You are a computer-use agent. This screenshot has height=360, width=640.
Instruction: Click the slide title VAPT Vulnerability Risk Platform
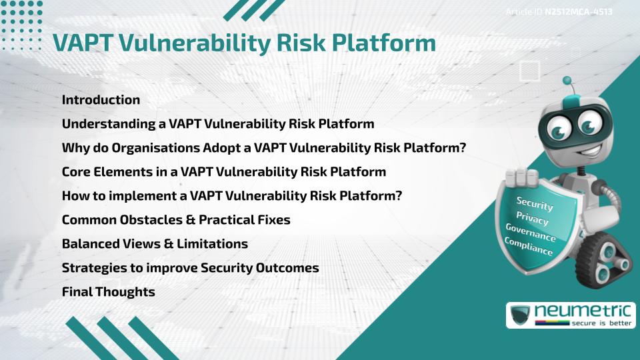(244, 43)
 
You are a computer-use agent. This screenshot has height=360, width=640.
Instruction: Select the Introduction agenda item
(101, 100)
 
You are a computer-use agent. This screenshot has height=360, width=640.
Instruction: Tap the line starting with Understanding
(217, 124)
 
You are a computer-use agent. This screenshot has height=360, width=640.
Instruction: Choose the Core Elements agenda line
(223, 172)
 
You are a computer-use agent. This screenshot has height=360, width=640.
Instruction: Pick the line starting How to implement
(231, 196)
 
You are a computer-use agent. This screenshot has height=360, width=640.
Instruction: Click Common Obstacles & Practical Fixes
(176, 220)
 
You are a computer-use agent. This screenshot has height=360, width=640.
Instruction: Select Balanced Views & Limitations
(155, 244)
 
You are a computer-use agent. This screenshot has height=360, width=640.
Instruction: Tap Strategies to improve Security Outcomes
(190, 268)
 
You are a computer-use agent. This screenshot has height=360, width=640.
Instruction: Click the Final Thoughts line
(108, 292)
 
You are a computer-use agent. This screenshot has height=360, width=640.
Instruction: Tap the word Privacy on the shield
(532, 219)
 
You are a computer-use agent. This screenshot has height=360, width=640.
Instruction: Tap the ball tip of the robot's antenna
(567, 81)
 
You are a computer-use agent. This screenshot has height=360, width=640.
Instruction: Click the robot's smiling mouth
(575, 143)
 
